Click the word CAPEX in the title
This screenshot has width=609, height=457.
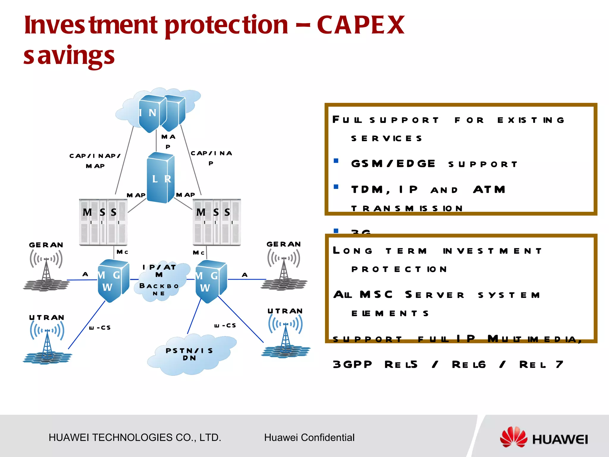(x=360, y=25)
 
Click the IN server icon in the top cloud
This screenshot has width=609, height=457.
(x=152, y=113)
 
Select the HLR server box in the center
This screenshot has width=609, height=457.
(x=161, y=178)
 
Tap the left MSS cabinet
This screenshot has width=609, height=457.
(x=103, y=222)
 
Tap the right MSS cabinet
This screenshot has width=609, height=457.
(x=217, y=222)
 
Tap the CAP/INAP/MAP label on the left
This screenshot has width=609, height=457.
(x=95, y=161)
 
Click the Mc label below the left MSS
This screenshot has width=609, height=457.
(x=122, y=252)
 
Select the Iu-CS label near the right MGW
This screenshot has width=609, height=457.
(x=225, y=326)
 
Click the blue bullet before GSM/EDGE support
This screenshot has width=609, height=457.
(x=336, y=161)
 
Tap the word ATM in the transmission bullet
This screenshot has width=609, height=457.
(x=489, y=190)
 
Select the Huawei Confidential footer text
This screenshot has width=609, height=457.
(x=309, y=438)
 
